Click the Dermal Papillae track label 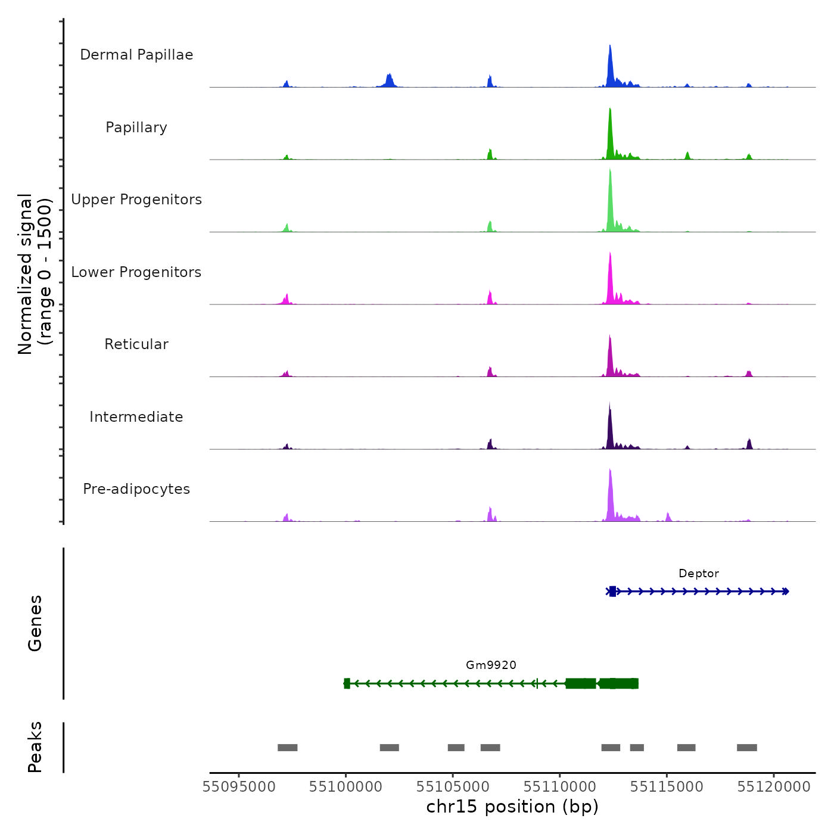click(136, 55)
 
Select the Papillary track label click(136, 127)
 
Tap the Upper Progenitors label click(136, 200)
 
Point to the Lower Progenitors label click(136, 272)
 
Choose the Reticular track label click(136, 344)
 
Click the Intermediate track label click(136, 417)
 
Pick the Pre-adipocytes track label click(136, 489)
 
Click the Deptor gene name click(699, 574)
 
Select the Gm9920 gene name click(491, 665)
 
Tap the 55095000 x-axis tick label click(239, 787)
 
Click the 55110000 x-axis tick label click(560, 787)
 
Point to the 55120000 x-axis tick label click(774, 787)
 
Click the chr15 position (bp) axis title click(512, 807)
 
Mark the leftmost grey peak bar click(287, 748)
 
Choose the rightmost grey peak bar click(746, 748)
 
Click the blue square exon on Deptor click(612, 592)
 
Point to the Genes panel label click(35, 623)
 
